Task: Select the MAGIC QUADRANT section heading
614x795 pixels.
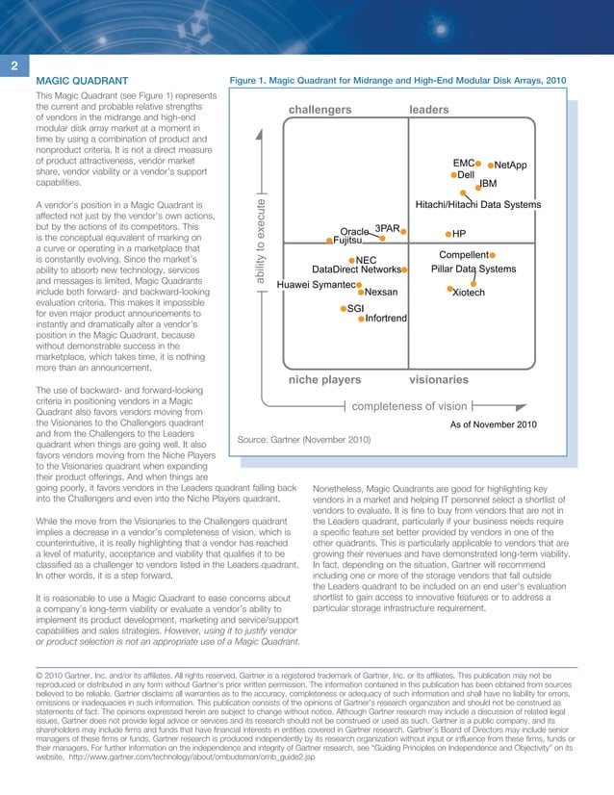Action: pyautogui.click(x=82, y=82)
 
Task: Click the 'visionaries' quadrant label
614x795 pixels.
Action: pyautogui.click(x=439, y=380)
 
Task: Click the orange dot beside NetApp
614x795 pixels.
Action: pyautogui.click(x=492, y=166)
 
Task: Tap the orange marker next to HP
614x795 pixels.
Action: pyautogui.click(x=448, y=234)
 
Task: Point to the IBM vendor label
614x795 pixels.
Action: pyautogui.click(x=488, y=183)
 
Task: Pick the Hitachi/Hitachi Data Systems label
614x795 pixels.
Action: pyautogui.click(x=477, y=204)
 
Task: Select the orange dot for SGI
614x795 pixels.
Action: pyautogui.click(x=343, y=308)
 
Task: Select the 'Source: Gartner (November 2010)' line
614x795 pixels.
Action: pyautogui.click(x=304, y=440)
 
